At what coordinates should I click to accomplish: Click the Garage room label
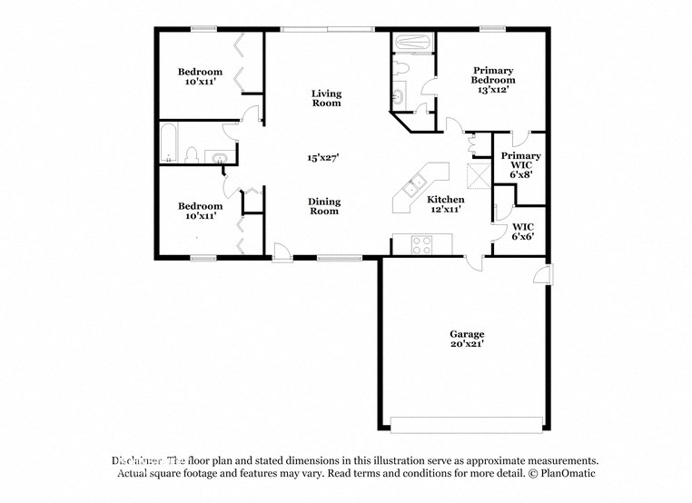click(467, 333)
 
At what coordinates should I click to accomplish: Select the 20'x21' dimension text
click(467, 344)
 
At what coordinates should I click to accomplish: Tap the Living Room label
click(326, 98)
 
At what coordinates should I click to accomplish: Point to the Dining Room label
click(323, 206)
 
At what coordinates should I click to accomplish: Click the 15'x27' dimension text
click(323, 157)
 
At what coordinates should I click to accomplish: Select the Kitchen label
click(446, 199)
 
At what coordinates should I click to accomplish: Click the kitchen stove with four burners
click(422, 244)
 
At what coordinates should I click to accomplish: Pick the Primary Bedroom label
click(492, 75)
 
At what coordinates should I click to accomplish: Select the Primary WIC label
click(521, 161)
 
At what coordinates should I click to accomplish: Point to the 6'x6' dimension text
click(522, 236)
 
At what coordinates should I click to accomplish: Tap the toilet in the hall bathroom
click(192, 155)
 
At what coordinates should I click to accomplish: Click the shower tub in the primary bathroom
click(415, 42)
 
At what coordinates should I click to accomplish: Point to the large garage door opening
click(467, 424)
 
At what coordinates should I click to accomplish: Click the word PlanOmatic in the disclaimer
click(568, 474)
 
